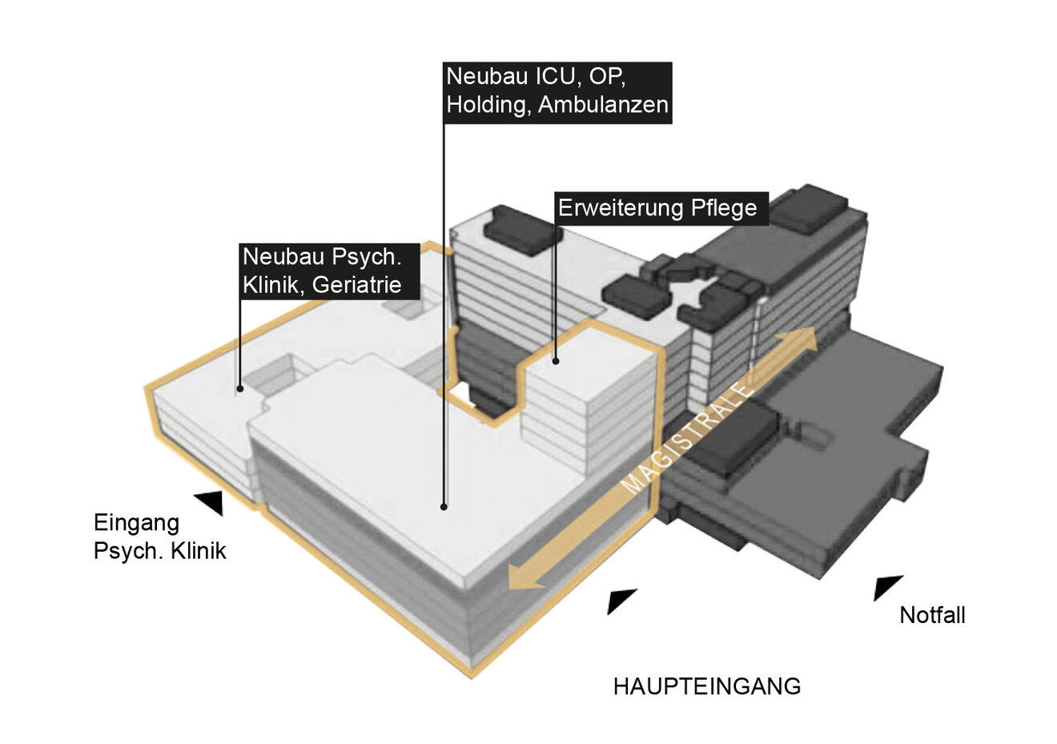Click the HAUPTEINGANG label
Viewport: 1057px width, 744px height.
pos(706,686)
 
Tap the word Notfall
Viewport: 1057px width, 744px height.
pos(932,615)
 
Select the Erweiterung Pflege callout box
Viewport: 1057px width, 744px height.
pos(657,208)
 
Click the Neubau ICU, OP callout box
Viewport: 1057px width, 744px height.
pos(557,90)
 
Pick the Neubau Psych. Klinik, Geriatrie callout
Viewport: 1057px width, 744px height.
pos(330,271)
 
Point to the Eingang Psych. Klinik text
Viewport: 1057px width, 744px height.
pos(159,537)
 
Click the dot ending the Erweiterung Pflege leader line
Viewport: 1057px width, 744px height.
pos(555,360)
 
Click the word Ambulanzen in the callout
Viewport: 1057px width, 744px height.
pos(603,105)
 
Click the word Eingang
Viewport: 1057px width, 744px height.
pos(136,523)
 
